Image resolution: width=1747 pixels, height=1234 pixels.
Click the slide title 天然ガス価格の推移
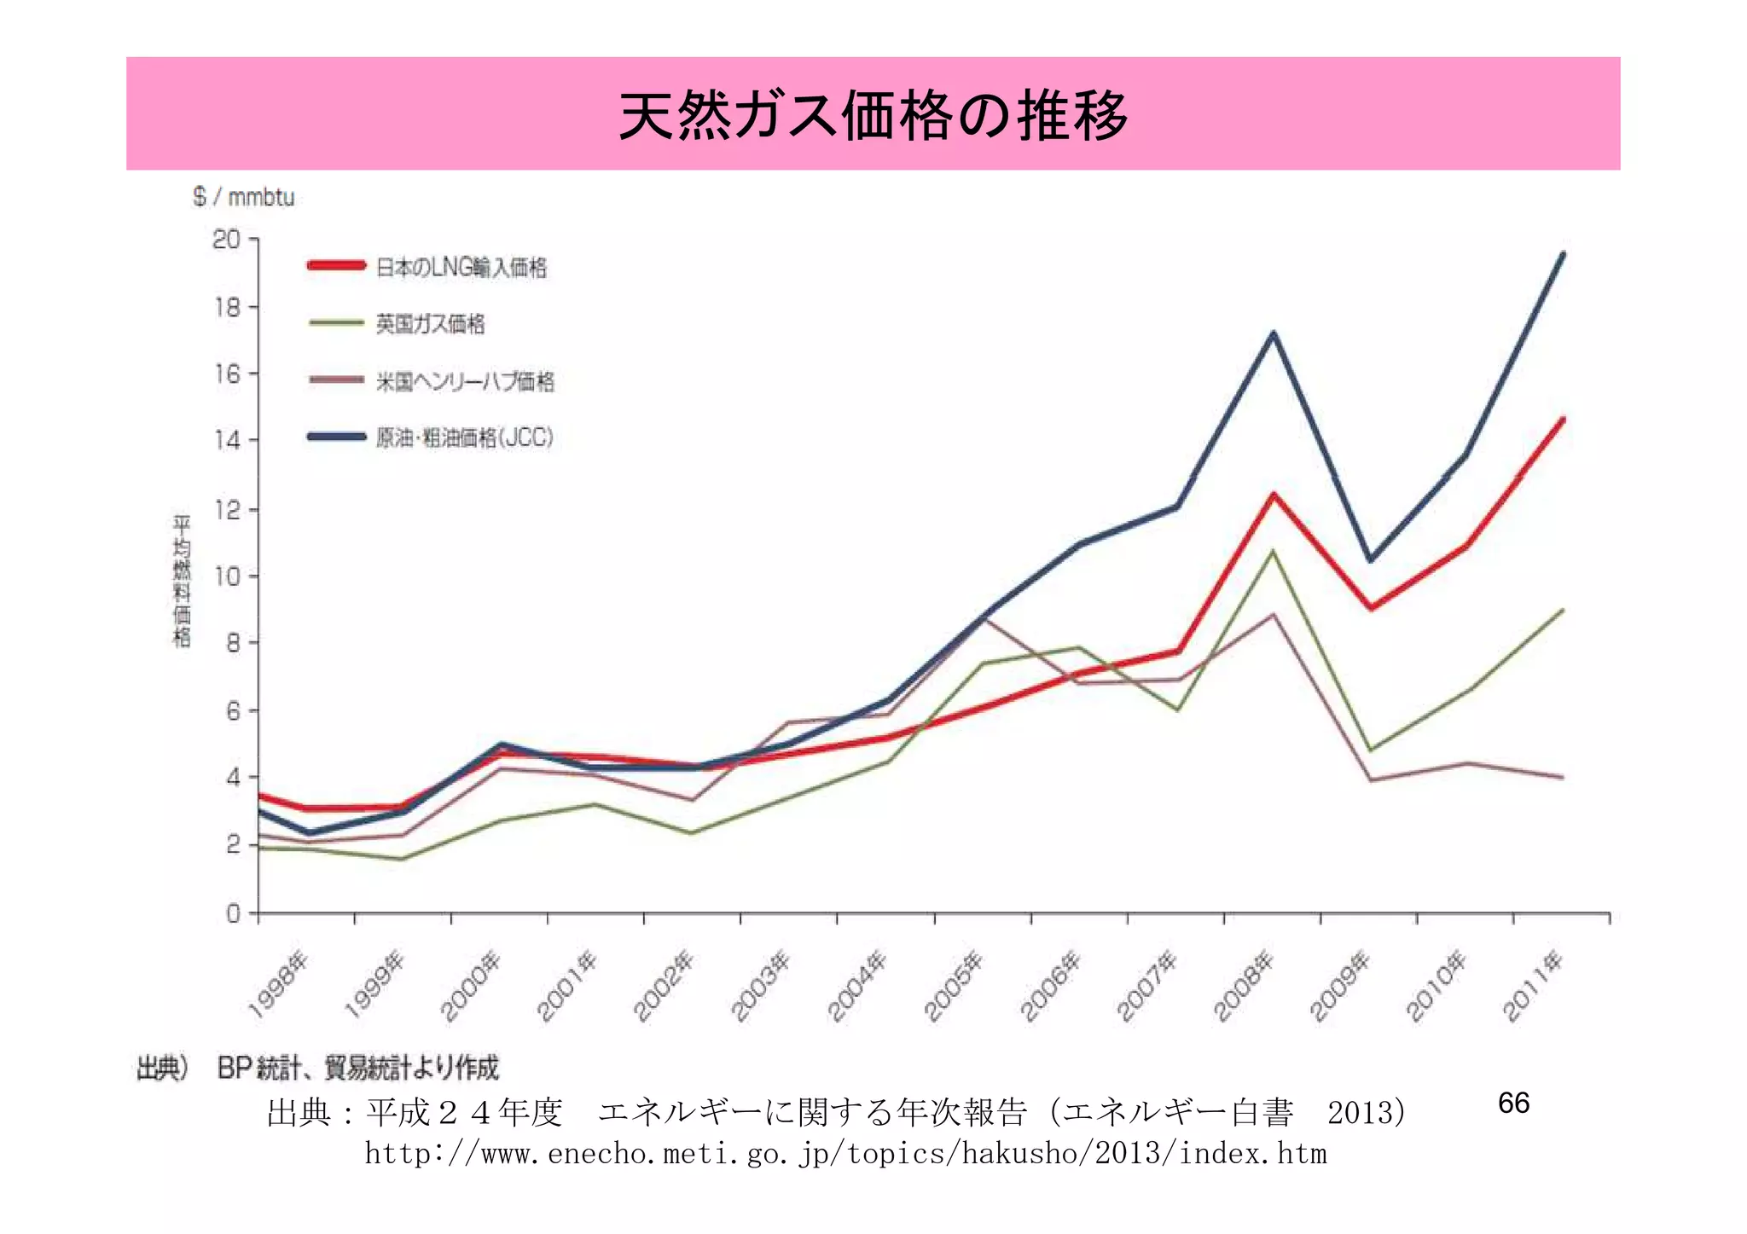pyautogui.click(x=873, y=115)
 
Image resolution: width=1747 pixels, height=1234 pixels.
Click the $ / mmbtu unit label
pyautogui.click(x=243, y=197)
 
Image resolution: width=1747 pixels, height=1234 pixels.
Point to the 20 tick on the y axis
pyautogui.click(x=227, y=240)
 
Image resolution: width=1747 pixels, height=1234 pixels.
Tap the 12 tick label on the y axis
pyautogui.click(x=227, y=510)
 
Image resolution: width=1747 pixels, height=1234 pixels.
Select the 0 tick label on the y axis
pyautogui.click(x=233, y=914)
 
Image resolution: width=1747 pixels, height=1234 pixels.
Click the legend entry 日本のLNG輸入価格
pyautogui.click(x=461, y=268)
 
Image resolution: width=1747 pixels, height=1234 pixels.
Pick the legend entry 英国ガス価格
pyautogui.click(x=430, y=324)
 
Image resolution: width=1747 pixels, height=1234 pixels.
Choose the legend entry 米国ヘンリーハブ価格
pyautogui.click(x=465, y=381)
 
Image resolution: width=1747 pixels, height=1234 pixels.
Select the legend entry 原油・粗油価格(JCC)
pyautogui.click(x=465, y=438)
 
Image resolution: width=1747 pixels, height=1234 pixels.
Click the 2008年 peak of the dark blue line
pyautogui.click(x=1273, y=333)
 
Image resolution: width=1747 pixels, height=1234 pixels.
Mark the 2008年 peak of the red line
pyautogui.click(x=1273, y=495)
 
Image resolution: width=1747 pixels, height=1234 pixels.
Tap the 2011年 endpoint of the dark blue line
pyautogui.click(x=1563, y=254)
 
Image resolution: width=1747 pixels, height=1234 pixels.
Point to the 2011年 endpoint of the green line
pyautogui.click(x=1563, y=610)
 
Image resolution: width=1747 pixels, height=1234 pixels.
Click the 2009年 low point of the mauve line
pyautogui.click(x=1370, y=780)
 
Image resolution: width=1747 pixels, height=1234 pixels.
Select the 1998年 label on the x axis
pyautogui.click(x=278, y=985)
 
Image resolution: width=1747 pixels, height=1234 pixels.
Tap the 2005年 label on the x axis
pyautogui.click(x=955, y=985)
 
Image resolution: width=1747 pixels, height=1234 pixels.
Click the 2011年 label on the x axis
pyautogui.click(x=1533, y=985)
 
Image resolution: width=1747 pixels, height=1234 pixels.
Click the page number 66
pyautogui.click(x=1513, y=1103)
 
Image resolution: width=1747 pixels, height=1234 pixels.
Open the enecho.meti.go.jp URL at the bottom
pyautogui.click(x=845, y=1154)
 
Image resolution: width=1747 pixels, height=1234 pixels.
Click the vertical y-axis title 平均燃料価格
pyautogui.click(x=182, y=580)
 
